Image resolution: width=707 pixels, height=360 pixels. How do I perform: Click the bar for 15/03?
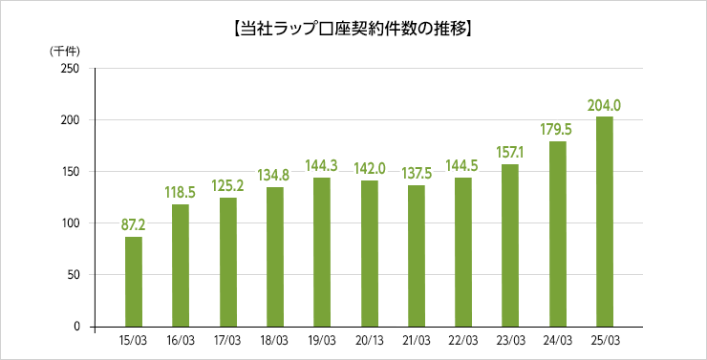(x=134, y=282)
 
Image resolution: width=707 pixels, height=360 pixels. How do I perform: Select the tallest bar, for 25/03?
(x=605, y=222)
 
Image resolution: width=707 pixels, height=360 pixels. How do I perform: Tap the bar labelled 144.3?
(x=322, y=252)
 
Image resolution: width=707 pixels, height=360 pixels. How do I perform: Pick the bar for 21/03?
(x=417, y=256)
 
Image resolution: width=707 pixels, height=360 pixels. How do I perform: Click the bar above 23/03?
(x=510, y=245)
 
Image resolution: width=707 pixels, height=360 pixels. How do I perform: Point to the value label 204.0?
(x=605, y=105)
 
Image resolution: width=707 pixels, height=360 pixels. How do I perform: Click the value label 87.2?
(x=134, y=225)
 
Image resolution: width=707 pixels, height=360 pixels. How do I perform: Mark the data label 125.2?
(x=227, y=186)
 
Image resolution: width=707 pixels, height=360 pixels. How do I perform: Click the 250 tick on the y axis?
(x=70, y=69)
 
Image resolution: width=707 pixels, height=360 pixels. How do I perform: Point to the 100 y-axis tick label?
(x=70, y=223)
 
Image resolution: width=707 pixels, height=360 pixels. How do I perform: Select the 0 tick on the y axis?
(x=75, y=327)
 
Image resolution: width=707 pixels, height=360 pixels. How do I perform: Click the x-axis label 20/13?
(x=369, y=340)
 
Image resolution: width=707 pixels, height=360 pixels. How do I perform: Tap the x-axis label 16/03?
(x=181, y=340)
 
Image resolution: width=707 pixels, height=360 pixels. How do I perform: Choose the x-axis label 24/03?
(x=557, y=340)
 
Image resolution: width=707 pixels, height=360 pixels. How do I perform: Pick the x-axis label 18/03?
(x=274, y=340)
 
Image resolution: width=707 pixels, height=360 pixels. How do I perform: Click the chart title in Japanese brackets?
(x=353, y=30)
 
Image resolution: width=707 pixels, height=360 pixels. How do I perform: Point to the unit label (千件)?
(x=64, y=50)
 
